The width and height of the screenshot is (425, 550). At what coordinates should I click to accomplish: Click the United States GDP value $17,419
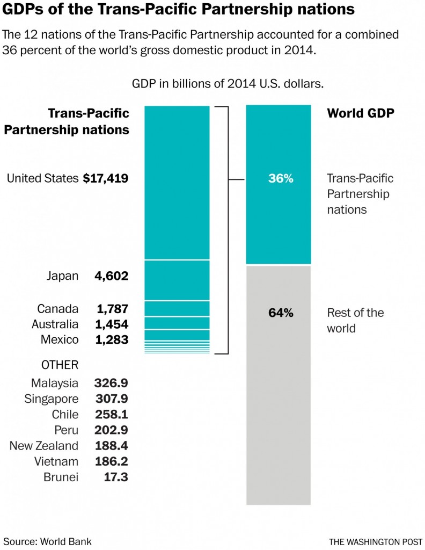tap(106, 179)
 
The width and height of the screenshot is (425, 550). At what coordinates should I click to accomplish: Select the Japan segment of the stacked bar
tap(177, 280)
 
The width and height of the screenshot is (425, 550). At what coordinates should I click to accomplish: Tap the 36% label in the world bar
tap(281, 179)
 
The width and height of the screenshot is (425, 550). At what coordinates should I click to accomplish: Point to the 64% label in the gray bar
tap(281, 313)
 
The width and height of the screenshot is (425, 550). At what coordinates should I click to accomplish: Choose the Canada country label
tap(58, 309)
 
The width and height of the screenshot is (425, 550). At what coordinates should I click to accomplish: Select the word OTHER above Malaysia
tap(60, 365)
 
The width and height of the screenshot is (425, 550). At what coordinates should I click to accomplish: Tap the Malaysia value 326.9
tap(111, 383)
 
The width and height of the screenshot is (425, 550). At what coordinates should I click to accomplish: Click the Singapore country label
tap(52, 399)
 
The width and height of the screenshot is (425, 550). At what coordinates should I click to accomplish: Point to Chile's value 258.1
tap(111, 415)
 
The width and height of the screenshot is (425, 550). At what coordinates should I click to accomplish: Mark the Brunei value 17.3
tap(116, 477)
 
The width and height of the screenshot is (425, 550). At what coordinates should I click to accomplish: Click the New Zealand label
tap(44, 446)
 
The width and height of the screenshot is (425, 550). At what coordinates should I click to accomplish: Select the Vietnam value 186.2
tap(111, 461)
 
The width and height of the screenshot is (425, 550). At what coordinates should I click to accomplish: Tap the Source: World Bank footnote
tap(43, 541)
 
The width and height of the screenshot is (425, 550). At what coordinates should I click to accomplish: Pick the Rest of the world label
tap(355, 320)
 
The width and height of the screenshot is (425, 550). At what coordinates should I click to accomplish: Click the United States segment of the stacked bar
tap(177, 183)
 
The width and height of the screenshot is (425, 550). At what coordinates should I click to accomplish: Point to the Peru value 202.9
tap(111, 430)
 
